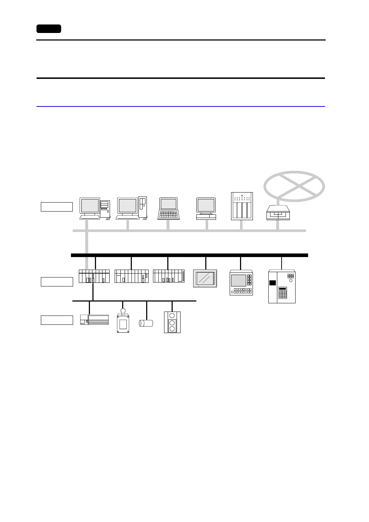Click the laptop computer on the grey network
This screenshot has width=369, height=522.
[169, 208]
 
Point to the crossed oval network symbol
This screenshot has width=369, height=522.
[294, 186]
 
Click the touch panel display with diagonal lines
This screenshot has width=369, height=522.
[206, 278]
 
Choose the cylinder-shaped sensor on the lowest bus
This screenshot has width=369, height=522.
[146, 323]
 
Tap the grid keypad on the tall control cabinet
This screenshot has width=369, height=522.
[283, 294]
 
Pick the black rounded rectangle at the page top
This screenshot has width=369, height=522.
[49, 29]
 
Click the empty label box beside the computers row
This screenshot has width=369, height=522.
[57, 207]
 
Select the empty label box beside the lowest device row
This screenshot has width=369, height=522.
[57, 320]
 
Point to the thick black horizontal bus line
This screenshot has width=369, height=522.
[190, 255]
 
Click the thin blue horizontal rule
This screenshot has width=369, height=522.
[181, 106]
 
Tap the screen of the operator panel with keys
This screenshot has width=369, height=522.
[239, 280]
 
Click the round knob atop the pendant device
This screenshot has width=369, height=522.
[123, 311]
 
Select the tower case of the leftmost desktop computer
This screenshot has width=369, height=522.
[105, 209]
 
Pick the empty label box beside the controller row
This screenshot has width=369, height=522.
[57, 282]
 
